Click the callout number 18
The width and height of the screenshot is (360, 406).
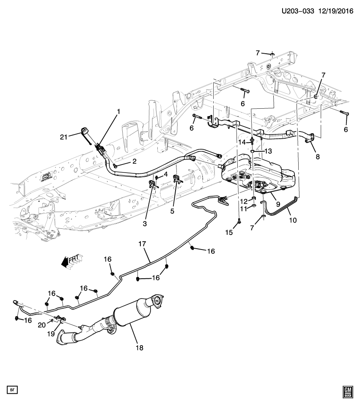(139, 348)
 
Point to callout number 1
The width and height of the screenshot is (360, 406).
(118, 112)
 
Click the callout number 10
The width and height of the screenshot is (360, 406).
(293, 220)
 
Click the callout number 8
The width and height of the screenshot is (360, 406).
(317, 156)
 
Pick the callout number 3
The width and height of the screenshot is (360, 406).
(144, 223)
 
